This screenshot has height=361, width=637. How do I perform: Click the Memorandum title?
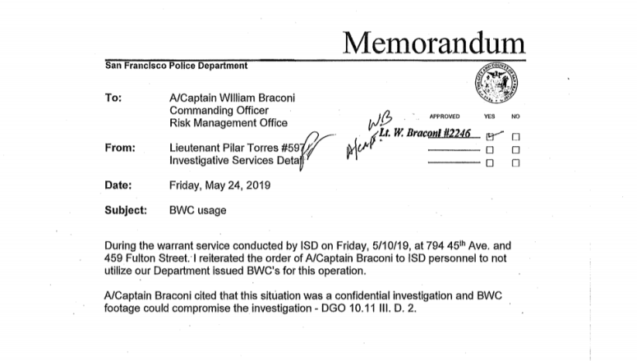(432, 41)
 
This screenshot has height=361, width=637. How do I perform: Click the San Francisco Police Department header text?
(176, 65)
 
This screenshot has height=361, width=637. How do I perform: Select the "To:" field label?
(113, 98)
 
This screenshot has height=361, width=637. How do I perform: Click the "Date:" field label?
(119, 185)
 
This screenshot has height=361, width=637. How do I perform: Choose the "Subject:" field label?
(126, 210)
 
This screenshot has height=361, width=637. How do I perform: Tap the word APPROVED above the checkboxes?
(444, 117)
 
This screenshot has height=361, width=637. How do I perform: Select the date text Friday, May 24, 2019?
(219, 185)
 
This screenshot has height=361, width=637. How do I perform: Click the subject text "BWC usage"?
(197, 210)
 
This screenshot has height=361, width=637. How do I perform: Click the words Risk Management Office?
(228, 123)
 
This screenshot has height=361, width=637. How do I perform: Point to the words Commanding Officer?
(219, 110)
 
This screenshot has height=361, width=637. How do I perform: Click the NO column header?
(515, 117)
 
